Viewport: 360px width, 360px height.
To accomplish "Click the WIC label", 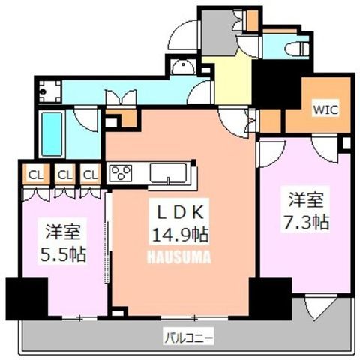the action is pyautogui.click(x=325, y=109).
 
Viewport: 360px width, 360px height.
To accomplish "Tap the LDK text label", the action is pyautogui.click(x=179, y=212).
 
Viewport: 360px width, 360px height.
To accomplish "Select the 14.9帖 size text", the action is pyautogui.click(x=180, y=235).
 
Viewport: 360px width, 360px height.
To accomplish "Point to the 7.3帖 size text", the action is pyautogui.click(x=306, y=222).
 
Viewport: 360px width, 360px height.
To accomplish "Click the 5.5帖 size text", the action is pyautogui.click(x=63, y=254).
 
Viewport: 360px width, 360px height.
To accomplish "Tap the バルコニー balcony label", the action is pyautogui.click(x=189, y=338).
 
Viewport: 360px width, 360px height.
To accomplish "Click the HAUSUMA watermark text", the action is pyautogui.click(x=179, y=257).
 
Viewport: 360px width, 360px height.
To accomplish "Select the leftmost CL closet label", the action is pyautogui.click(x=36, y=175).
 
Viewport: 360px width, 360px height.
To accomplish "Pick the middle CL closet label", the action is pyautogui.click(x=65, y=175).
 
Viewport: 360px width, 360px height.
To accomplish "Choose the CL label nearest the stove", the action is pyautogui.click(x=91, y=175).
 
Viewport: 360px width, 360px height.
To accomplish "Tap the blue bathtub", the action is pyautogui.click(x=52, y=134).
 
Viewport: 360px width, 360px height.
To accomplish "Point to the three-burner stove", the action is pyautogui.click(x=121, y=172).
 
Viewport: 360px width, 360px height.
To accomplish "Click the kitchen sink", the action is pyautogui.click(x=168, y=173).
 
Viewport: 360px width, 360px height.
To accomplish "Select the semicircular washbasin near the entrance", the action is pyautogui.click(x=184, y=67).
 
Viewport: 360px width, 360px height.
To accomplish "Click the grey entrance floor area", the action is pyautogui.click(x=218, y=32).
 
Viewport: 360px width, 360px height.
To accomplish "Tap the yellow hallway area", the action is pyautogui.click(x=232, y=80).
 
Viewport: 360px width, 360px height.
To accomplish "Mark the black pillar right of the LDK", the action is pyautogui.click(x=271, y=298).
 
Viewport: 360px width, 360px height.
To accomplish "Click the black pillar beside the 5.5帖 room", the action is pyautogui.click(x=27, y=298).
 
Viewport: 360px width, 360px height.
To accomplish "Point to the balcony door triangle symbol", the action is pyautogui.click(x=317, y=307).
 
